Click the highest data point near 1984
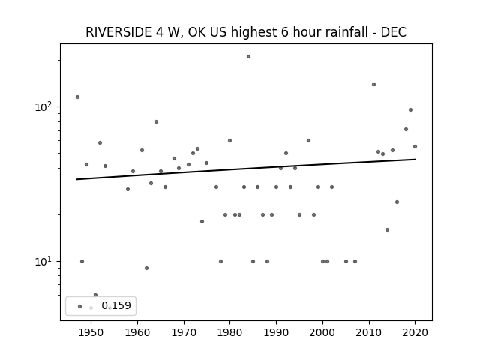point(248,57)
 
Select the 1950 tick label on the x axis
point(91,332)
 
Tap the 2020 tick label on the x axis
point(415,332)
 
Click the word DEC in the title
point(393,32)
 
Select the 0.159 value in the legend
point(116,305)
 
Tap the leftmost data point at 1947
point(77,97)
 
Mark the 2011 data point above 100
point(373,85)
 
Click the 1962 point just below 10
point(147,268)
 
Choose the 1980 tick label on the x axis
point(229,332)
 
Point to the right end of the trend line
point(415,159)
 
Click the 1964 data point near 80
point(156,121)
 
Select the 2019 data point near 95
point(410,110)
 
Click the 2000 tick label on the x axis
point(322,332)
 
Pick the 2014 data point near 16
point(387,230)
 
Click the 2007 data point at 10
point(355,262)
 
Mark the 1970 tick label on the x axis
point(183,332)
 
